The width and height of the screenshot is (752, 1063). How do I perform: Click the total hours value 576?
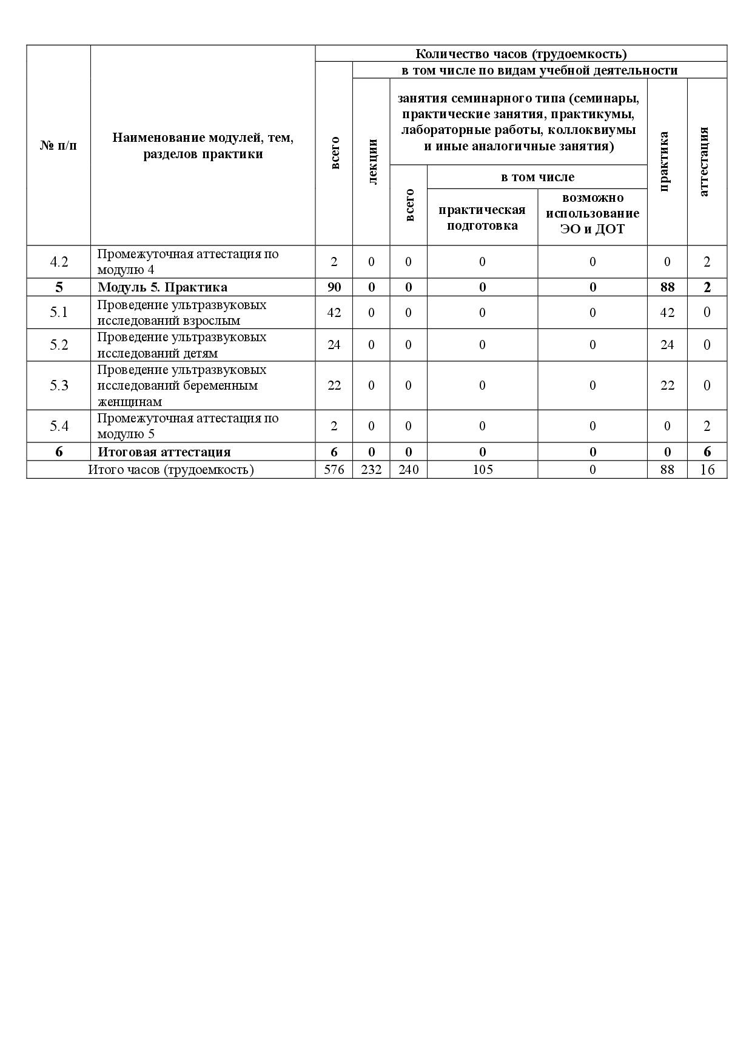tap(334, 470)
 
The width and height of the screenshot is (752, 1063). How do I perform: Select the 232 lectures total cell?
tap(371, 470)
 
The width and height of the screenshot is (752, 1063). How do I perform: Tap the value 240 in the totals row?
tap(408, 470)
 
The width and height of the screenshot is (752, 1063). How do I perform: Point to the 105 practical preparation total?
tap(482, 470)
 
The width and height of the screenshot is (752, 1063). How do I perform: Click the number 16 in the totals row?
tap(707, 470)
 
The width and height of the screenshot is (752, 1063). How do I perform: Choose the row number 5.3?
tap(59, 385)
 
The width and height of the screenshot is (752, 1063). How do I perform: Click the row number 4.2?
tap(59, 262)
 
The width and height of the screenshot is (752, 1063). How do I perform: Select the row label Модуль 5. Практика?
tap(163, 287)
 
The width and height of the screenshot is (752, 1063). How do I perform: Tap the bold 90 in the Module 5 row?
tap(334, 287)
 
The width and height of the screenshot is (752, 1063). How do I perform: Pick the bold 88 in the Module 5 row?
tap(667, 287)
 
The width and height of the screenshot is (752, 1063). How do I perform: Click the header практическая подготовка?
tap(482, 218)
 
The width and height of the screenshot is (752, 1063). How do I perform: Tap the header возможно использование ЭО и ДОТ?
tap(593, 213)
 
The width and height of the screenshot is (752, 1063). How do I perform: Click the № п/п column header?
tap(59, 146)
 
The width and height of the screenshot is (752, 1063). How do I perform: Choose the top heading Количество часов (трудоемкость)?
tap(520, 54)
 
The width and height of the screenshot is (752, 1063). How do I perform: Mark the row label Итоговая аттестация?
tap(164, 452)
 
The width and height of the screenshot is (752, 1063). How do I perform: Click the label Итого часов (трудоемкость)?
tap(171, 470)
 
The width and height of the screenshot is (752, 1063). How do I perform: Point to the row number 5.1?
tap(59, 312)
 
